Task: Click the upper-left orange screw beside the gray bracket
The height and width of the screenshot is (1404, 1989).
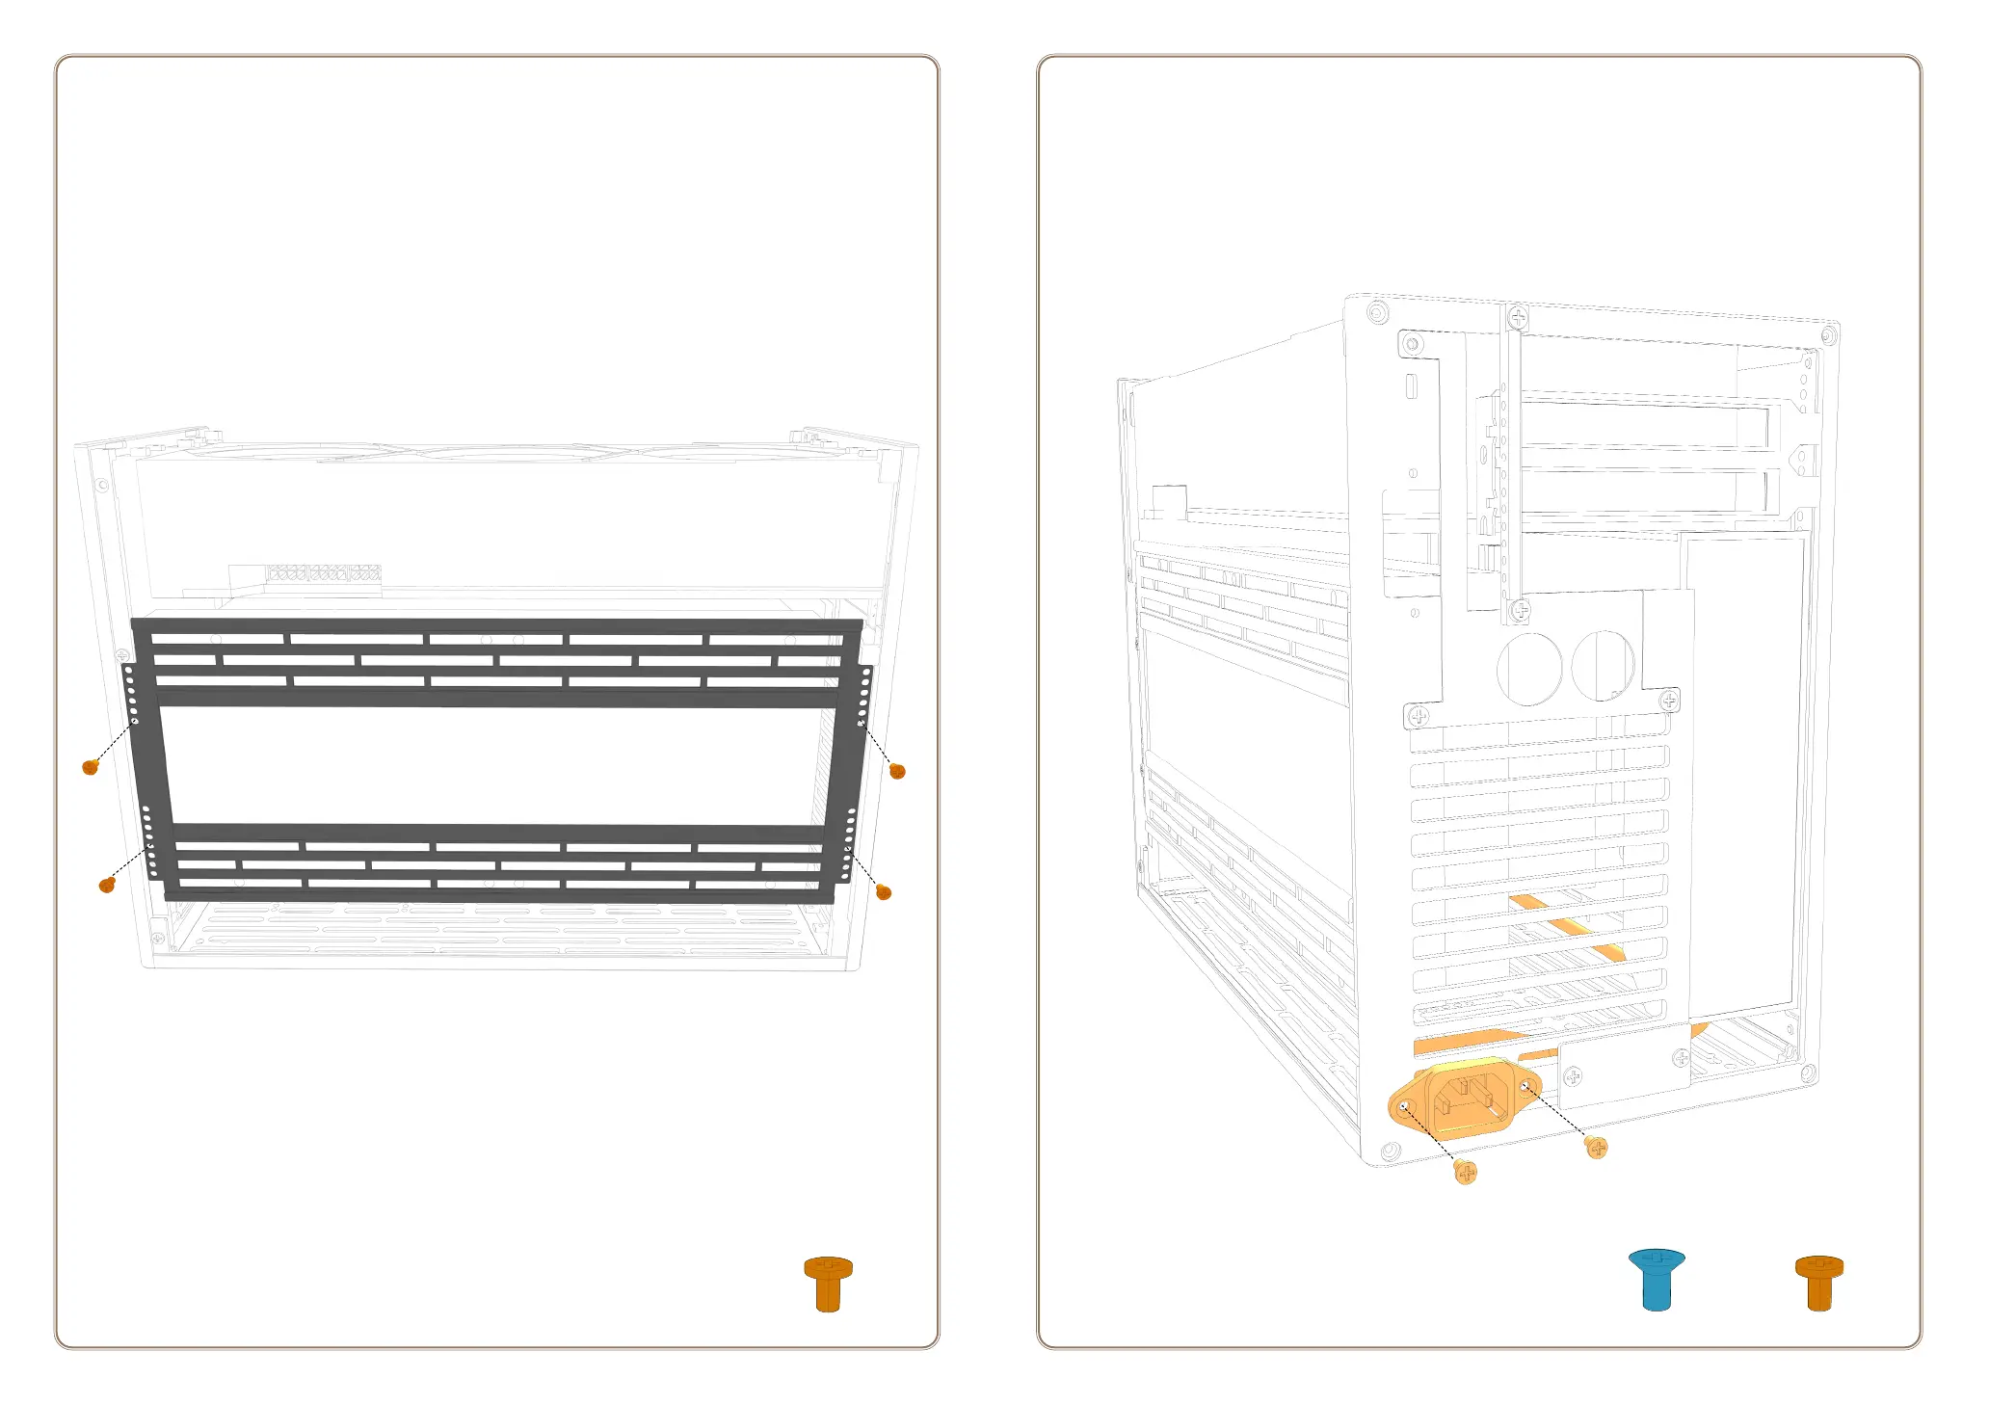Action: tap(91, 767)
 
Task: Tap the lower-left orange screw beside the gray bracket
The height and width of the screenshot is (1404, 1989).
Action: tap(107, 885)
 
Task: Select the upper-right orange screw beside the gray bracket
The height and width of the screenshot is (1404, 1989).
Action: tap(897, 770)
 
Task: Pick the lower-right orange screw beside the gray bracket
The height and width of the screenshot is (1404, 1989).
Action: tap(884, 892)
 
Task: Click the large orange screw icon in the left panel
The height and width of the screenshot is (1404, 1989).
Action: tap(828, 1283)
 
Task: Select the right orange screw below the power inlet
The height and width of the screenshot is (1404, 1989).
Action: tap(1596, 1147)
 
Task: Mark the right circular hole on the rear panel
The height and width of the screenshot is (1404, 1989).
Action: tap(1603, 664)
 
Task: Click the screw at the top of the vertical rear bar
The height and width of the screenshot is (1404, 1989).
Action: tap(1518, 316)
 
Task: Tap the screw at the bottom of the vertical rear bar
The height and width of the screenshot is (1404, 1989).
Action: tap(1520, 609)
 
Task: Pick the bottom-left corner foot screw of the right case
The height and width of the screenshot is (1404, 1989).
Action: tap(1390, 1152)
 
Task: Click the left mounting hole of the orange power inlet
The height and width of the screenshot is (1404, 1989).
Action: tap(1406, 1108)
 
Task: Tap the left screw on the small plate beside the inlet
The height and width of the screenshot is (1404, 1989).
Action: tap(1573, 1075)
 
